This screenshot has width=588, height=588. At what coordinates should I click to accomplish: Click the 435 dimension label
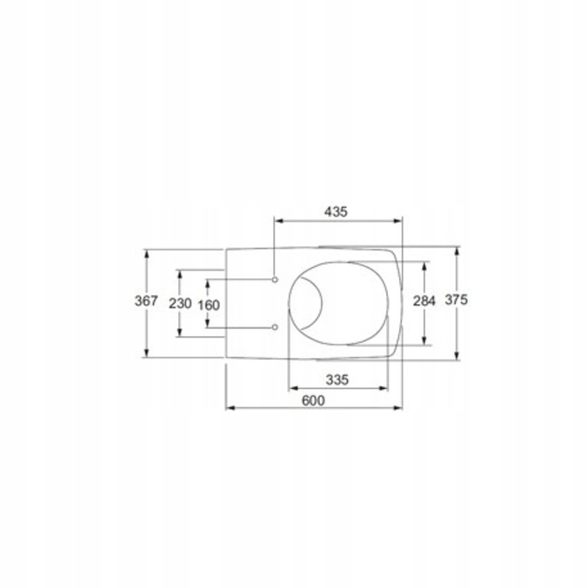point(336,212)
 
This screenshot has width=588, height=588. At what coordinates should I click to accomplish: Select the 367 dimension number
point(146,301)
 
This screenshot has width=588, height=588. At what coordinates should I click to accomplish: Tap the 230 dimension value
point(181,303)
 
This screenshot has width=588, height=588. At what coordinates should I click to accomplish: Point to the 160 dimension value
point(209,305)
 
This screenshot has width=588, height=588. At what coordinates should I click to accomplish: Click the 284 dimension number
point(424,301)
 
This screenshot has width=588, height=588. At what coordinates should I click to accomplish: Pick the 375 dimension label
point(456,300)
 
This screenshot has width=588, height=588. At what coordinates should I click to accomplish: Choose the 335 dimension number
point(337,381)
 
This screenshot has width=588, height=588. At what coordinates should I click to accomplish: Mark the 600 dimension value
point(313,401)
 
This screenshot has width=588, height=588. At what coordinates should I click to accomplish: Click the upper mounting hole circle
point(275,280)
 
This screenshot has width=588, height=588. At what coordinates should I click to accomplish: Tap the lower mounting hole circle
point(275,327)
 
